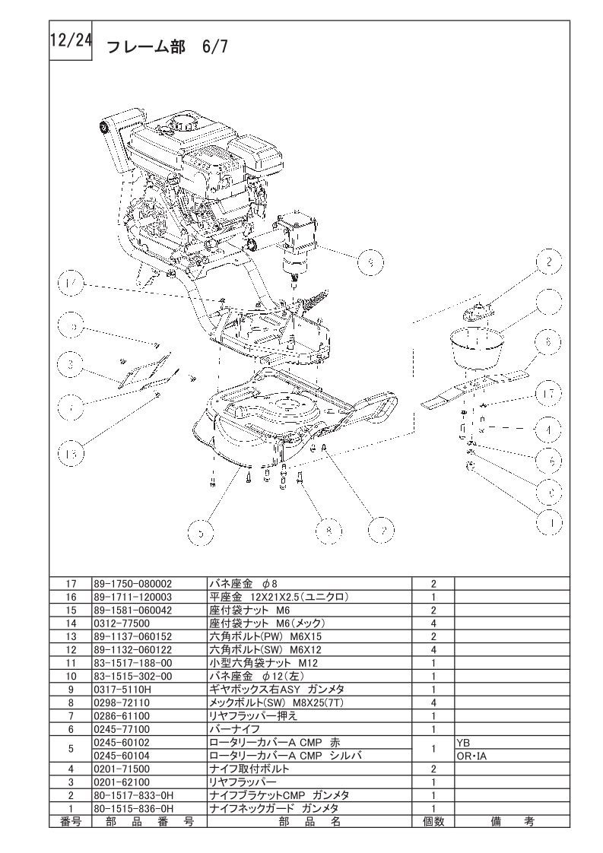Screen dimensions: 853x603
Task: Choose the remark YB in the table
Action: click(464, 741)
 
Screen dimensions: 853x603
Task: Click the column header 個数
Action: click(433, 821)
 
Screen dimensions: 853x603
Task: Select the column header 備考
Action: click(510, 821)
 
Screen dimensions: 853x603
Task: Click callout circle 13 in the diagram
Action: click(71, 454)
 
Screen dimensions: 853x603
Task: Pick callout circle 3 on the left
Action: click(71, 366)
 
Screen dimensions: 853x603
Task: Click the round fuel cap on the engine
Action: click(185, 122)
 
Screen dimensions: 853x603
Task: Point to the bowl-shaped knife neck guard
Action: click(474, 346)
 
